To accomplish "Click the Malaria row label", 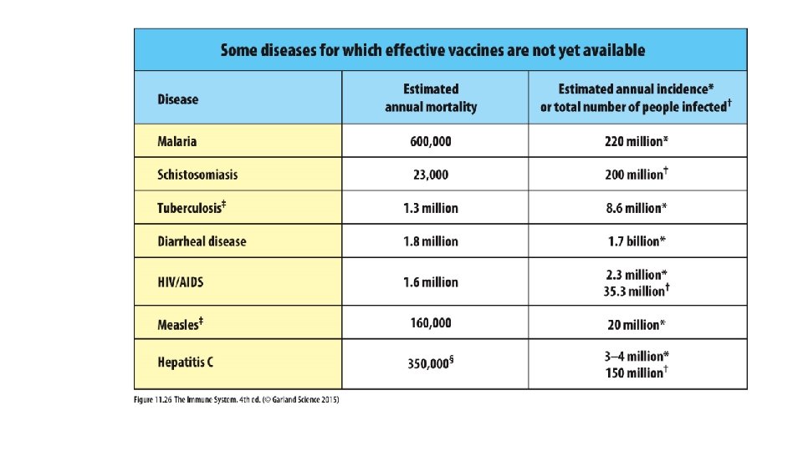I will (x=177, y=141).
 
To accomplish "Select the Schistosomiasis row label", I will (x=197, y=175).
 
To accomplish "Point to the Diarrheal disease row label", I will (x=202, y=241).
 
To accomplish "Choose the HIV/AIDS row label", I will (x=181, y=282).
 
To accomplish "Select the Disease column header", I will (x=178, y=99).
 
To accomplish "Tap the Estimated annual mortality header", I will (x=431, y=98).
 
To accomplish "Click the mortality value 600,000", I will (x=431, y=141).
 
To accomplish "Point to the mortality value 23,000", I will (x=431, y=175).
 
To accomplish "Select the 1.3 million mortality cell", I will (x=431, y=208).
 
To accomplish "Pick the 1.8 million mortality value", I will (x=431, y=241).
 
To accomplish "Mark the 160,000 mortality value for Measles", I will (x=431, y=322).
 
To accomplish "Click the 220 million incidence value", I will (x=636, y=141).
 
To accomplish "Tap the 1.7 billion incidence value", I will (x=636, y=241).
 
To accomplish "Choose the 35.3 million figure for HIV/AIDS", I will (x=636, y=291).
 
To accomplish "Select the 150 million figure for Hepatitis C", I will (x=636, y=372).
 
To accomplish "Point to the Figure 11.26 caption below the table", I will (x=238, y=398).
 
